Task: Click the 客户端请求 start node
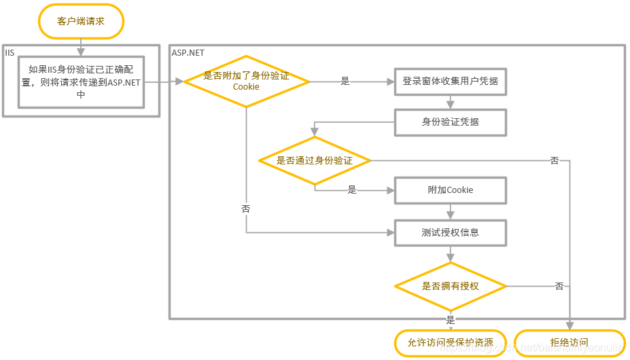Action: point(81,21)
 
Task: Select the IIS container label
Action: point(10,52)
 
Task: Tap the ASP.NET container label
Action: point(188,52)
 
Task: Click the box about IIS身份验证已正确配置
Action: point(81,82)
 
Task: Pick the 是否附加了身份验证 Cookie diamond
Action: point(246,81)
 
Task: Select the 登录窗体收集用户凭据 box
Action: point(450,81)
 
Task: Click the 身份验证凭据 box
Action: point(450,122)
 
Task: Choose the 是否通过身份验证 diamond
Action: point(314,161)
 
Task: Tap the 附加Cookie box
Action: point(450,190)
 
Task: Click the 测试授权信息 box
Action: point(450,232)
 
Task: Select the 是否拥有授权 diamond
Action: point(450,286)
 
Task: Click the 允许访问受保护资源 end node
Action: point(450,342)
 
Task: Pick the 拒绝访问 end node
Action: point(569,342)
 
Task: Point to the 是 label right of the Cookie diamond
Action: point(345,82)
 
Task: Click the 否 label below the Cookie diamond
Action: point(245,209)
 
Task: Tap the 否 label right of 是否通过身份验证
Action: point(555,161)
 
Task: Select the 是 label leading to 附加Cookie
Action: point(352,190)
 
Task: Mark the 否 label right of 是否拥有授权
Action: point(559,286)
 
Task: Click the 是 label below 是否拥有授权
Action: point(450,319)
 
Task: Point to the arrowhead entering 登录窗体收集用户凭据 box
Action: point(391,82)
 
